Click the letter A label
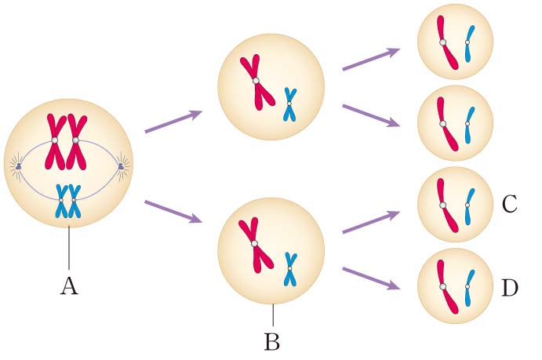pyautogui.click(x=69, y=287)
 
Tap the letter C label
pyautogui.click(x=509, y=205)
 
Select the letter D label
pyautogui.click(x=510, y=288)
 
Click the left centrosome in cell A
pyautogui.click(x=18, y=166)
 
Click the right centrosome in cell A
pyautogui.click(x=120, y=166)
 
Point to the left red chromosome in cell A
pyautogui.click(x=55, y=141)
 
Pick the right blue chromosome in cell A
pyautogui.click(x=75, y=202)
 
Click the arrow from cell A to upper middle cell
pyautogui.click(x=173, y=122)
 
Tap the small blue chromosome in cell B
pyautogui.click(x=290, y=269)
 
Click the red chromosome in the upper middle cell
pyautogui.click(x=257, y=82)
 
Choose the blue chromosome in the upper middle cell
pyautogui.click(x=290, y=105)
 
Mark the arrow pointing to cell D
pyautogui.click(x=371, y=280)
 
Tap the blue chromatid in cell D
pyautogui.click(x=468, y=287)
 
